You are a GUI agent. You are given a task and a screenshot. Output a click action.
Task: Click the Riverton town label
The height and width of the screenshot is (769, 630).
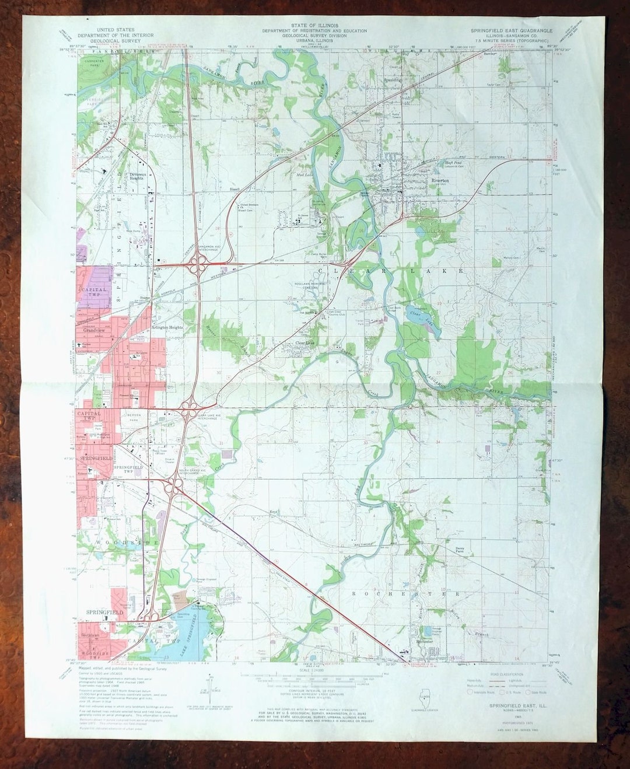tap(440, 181)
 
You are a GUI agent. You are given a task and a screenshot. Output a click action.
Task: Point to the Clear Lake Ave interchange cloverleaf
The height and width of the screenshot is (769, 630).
tap(189, 412)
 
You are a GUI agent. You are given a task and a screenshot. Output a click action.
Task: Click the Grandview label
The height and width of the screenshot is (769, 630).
tap(93, 331)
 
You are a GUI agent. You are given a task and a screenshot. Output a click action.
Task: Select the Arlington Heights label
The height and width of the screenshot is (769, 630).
tap(166, 328)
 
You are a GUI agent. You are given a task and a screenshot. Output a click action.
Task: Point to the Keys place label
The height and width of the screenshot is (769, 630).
tap(272, 512)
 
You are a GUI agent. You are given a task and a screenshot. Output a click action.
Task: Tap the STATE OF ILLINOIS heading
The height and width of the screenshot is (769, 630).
tap(314, 26)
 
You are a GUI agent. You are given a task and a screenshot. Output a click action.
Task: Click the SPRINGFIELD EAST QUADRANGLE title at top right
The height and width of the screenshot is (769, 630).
tap(510, 29)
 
